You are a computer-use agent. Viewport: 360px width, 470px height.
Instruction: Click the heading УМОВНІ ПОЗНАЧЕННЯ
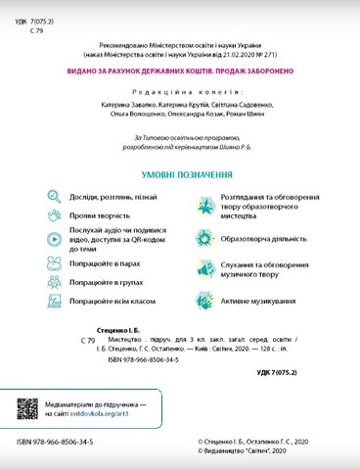(x=180, y=177)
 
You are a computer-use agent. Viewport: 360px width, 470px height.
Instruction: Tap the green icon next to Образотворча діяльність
(x=204, y=237)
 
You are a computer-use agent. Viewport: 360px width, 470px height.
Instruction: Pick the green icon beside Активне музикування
(x=204, y=301)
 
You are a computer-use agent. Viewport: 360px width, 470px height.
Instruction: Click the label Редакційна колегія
(x=180, y=89)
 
